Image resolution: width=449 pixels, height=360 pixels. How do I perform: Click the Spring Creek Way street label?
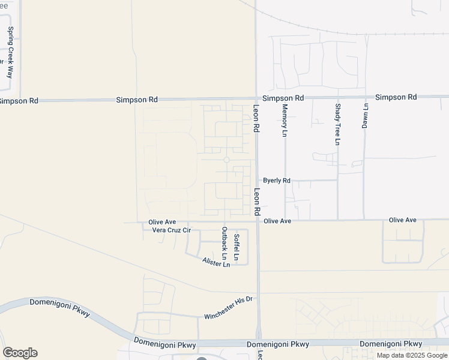click(x=10, y=53)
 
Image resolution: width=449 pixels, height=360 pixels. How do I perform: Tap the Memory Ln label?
click(x=285, y=120)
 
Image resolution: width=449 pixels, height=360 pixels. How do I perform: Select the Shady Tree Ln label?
click(x=337, y=124)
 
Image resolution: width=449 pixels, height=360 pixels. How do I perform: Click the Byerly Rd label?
click(x=277, y=180)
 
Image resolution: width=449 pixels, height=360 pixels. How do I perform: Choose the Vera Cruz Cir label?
click(x=171, y=230)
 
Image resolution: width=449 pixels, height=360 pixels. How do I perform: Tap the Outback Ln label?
click(x=224, y=247)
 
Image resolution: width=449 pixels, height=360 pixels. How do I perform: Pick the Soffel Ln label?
click(x=237, y=248)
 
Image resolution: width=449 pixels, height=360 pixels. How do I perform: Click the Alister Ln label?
click(x=216, y=262)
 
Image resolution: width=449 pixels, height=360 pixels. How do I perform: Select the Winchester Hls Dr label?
click(x=230, y=308)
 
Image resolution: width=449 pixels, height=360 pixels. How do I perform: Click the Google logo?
click(x=20, y=353)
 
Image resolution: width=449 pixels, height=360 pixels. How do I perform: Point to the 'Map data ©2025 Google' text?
click(x=412, y=355)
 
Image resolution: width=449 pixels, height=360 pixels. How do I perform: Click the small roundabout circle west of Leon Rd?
click(x=226, y=160)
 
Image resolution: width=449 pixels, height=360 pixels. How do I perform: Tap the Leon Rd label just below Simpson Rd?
click(x=256, y=118)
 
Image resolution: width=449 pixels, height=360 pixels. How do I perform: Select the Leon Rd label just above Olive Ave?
click(x=257, y=202)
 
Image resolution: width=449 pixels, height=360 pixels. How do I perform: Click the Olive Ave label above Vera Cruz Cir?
click(x=162, y=222)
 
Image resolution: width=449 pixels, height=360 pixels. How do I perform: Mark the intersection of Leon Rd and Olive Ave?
click(x=258, y=221)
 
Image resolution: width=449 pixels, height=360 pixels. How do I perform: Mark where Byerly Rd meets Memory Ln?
click(x=285, y=180)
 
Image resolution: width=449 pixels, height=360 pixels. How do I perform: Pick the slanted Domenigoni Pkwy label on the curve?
click(x=58, y=313)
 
